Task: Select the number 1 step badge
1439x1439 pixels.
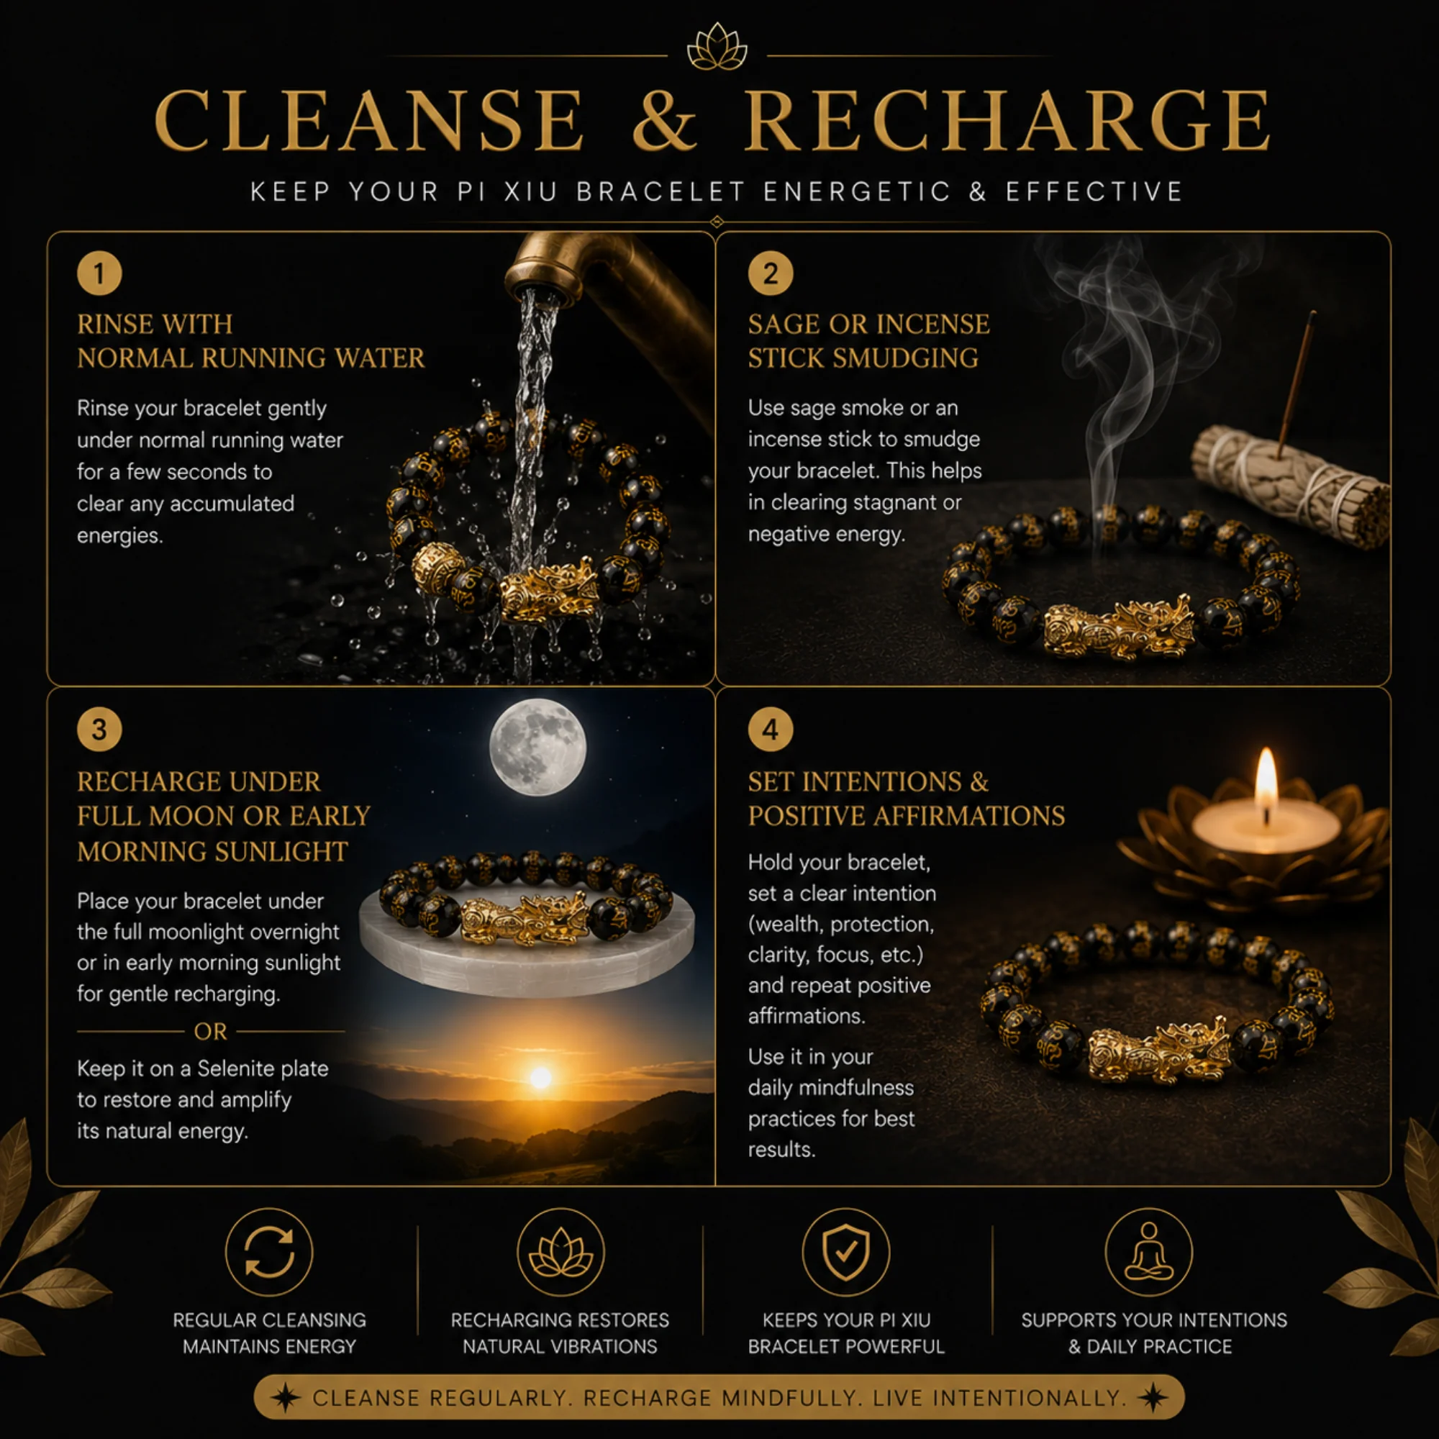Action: point(99,273)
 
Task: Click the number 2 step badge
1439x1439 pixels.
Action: point(770,273)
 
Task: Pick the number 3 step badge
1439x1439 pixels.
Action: point(99,729)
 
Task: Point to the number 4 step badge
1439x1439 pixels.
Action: point(770,729)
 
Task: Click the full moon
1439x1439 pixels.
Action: point(537,747)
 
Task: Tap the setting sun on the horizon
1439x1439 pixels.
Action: point(541,1077)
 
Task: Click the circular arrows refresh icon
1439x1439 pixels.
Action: point(269,1251)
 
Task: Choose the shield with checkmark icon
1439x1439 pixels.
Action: point(846,1251)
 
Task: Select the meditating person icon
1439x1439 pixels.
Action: point(1148,1251)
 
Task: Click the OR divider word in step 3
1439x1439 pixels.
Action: point(210,1032)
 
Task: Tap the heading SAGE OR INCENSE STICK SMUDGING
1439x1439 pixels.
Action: point(869,341)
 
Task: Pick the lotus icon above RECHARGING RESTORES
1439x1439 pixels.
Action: point(560,1251)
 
